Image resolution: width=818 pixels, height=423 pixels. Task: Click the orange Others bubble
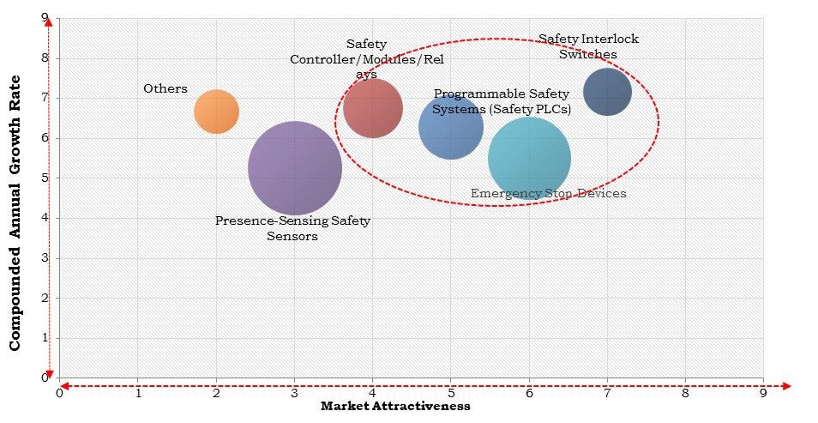[216, 112]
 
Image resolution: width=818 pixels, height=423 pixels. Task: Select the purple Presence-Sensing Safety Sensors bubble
[295, 168]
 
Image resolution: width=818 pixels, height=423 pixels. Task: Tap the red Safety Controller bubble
[373, 108]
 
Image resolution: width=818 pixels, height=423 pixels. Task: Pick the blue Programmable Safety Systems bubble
[451, 127]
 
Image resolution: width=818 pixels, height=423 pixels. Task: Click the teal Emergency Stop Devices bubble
[529, 159]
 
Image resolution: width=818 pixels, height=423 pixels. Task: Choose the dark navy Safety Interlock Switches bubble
[607, 92]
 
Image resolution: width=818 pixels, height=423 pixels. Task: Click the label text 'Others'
[165, 88]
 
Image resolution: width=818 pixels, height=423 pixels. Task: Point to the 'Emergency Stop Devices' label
[548, 194]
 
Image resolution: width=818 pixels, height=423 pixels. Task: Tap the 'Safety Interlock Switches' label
[588, 46]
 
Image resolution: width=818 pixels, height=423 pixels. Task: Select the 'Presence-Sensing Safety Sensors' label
[292, 228]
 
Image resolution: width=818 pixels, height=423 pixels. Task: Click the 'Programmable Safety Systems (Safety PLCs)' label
[502, 101]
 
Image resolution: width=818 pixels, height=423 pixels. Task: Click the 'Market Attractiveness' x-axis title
[395, 407]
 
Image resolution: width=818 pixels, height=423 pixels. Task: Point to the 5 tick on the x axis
[450, 394]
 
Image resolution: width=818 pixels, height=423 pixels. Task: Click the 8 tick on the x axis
[685, 394]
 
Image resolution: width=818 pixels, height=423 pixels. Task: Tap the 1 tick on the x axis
[138, 394]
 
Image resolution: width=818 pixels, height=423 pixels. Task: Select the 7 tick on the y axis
[44, 98]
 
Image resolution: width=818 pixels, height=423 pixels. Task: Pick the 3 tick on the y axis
[44, 258]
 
